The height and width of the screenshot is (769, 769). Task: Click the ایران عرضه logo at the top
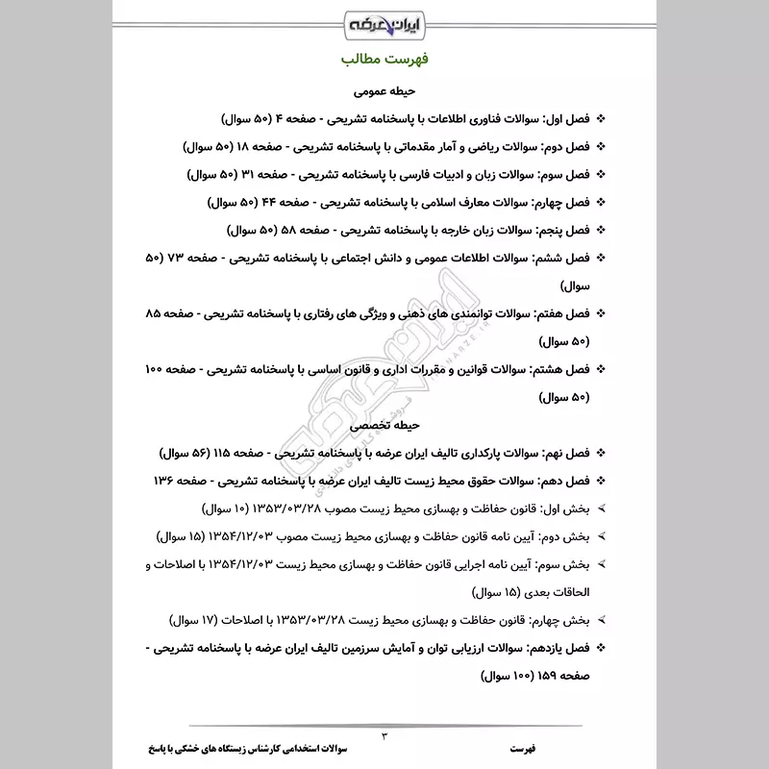[384, 22]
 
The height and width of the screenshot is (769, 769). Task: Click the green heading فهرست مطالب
[384, 60]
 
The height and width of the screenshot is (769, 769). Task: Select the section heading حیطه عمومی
[384, 92]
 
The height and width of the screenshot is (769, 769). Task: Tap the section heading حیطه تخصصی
[384, 424]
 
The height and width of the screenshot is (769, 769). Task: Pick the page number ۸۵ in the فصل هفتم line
[154, 314]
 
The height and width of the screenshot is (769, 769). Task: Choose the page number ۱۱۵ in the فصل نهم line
[241, 452]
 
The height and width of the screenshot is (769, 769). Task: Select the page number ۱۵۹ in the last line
[549, 675]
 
